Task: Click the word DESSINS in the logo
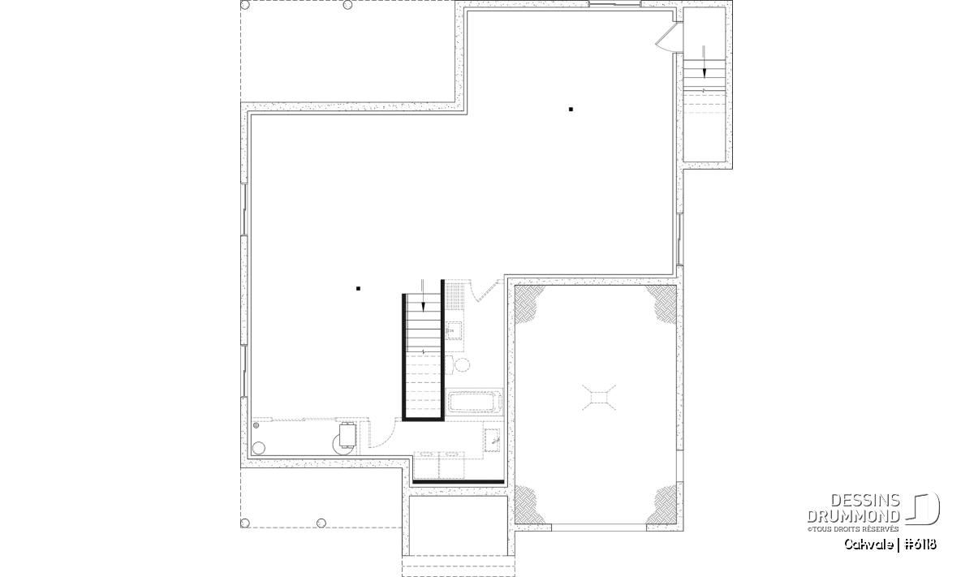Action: pyautogui.click(x=864, y=501)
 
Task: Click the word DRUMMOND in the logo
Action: pyautogui.click(x=853, y=516)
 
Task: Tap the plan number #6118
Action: pyautogui.click(x=920, y=545)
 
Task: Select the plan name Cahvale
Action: pyautogui.click(x=868, y=545)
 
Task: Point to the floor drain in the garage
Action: pyautogui.click(x=599, y=398)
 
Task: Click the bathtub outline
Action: pyautogui.click(x=474, y=402)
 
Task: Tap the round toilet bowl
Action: pyautogui.click(x=462, y=365)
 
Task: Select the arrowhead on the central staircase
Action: pyautogui.click(x=423, y=307)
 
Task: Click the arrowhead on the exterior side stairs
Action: pyautogui.click(x=704, y=73)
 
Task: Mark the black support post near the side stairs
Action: pyautogui.click(x=571, y=109)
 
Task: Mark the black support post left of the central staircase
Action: pyautogui.click(x=358, y=288)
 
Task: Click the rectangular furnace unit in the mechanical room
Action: pyautogui.click(x=348, y=435)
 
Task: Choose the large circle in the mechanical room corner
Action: pyautogui.click(x=259, y=448)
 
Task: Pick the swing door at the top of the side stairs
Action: pyautogui.click(x=666, y=37)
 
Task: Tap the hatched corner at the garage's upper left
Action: pyautogui.click(x=527, y=303)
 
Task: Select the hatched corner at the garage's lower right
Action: pyautogui.click(x=662, y=505)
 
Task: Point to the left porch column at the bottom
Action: pyautogui.click(x=245, y=523)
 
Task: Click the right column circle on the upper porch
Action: pyautogui.click(x=347, y=5)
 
